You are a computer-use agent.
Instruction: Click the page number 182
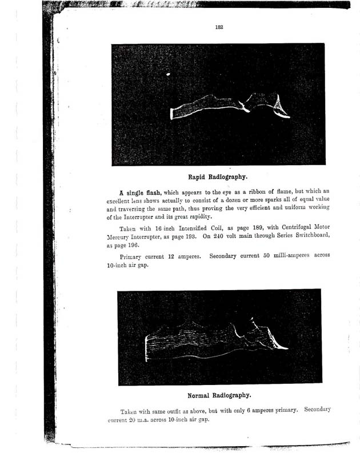[219, 27]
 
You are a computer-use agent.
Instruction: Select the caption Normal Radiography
[219, 395]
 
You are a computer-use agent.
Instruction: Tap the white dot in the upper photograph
[168, 74]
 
